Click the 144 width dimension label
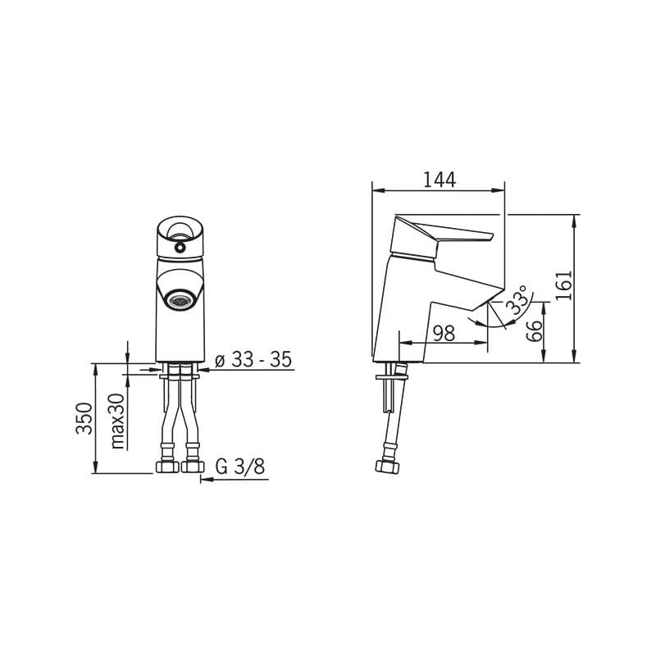440,180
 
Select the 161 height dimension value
564,285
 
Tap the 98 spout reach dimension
444,334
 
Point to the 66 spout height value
534,331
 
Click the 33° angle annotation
517,300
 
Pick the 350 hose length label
84,418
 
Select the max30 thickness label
118,421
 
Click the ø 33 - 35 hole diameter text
253,359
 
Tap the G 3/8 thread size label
240,467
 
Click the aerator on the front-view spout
180,299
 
